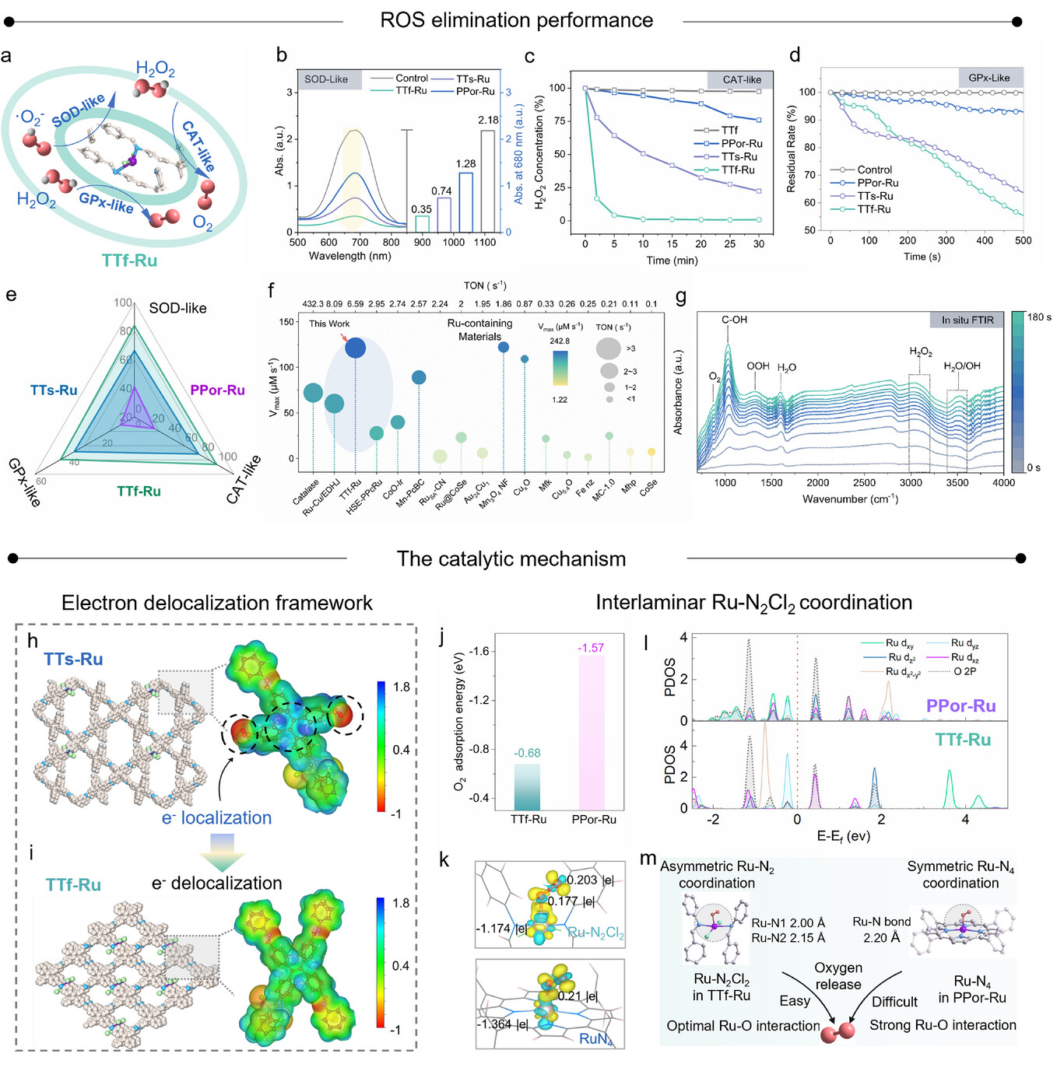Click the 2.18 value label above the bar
pyautogui.click(x=488, y=121)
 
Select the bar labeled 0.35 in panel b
pyautogui.click(x=422, y=224)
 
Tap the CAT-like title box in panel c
pyautogui.click(x=741, y=79)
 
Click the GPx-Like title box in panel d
pyautogui.click(x=989, y=78)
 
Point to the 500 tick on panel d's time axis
pyautogui.click(x=1023, y=241)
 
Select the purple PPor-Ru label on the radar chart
pyautogui.click(x=217, y=390)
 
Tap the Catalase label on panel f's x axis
pyautogui.click(x=306, y=492)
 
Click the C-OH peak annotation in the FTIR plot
pyautogui.click(x=734, y=320)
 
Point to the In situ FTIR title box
pyautogui.click(x=967, y=320)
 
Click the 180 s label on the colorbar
pyautogui.click(x=1039, y=317)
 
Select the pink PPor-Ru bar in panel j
pyautogui.click(x=592, y=733)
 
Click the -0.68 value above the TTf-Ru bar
pyautogui.click(x=527, y=753)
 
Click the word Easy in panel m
pyautogui.click(x=795, y=1001)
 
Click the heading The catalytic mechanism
pyautogui.click(x=511, y=559)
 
